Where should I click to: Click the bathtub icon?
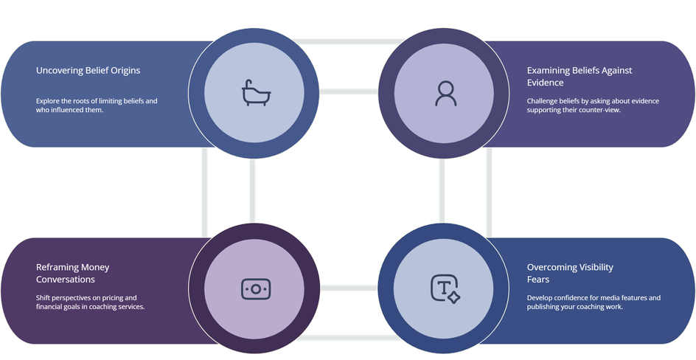256,93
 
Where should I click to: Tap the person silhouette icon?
445,93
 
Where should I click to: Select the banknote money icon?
256,289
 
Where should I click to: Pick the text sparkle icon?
445,289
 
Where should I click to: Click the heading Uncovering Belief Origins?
88,71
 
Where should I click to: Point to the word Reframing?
57,267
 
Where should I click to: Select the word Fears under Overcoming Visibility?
538,280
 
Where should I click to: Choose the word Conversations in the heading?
65,280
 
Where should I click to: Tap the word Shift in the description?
43,298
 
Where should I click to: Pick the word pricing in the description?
110,298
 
